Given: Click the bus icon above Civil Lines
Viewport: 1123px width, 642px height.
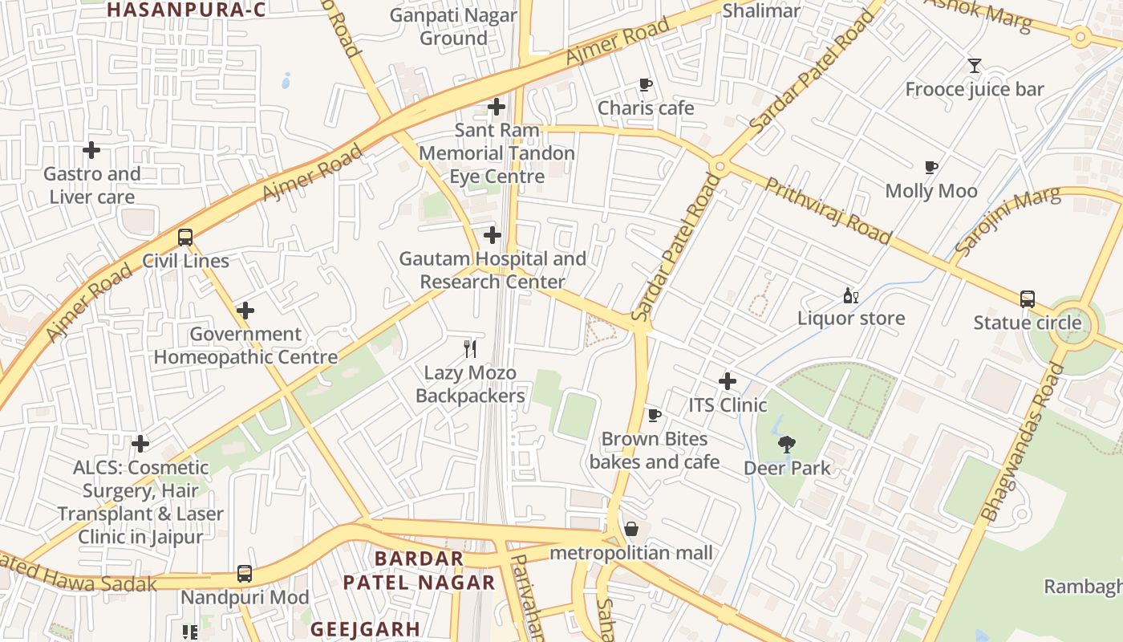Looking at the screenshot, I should [x=185, y=238].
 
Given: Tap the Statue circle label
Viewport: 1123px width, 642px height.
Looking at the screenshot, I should [x=1027, y=323].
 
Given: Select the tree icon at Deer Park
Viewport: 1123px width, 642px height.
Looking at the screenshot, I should [x=787, y=444].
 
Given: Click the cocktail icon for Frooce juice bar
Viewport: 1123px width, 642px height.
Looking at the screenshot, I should [x=975, y=66].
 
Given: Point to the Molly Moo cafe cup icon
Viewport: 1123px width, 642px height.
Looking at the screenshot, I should [x=930, y=167].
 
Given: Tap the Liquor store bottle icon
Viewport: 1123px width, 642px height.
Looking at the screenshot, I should [x=850, y=295].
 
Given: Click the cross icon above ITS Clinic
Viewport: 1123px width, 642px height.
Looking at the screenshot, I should [x=728, y=381].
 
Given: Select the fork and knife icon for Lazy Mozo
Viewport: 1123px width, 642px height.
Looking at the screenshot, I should [x=471, y=348].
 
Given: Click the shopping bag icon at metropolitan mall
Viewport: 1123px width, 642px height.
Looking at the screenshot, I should [x=631, y=529].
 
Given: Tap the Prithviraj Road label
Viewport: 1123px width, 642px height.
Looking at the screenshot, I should [x=827, y=210].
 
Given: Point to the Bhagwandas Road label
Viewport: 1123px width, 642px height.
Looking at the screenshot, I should [x=1023, y=441].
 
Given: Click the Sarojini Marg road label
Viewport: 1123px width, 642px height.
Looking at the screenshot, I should [x=1007, y=221].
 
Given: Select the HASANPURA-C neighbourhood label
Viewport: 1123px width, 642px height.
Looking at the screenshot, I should [x=186, y=10].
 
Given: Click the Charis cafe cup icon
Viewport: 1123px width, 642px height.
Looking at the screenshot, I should [x=646, y=84].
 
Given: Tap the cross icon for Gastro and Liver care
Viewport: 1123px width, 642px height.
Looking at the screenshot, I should [x=91, y=150].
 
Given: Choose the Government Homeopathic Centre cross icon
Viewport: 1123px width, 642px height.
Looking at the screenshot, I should [x=245, y=311].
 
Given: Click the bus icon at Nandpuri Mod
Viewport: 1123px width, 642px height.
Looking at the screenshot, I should [x=245, y=574].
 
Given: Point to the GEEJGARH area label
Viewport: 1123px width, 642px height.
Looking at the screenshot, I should [x=365, y=628].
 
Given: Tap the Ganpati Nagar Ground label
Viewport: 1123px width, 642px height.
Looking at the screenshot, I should [x=453, y=26].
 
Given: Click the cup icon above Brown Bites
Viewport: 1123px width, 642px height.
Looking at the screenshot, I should [x=655, y=415].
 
